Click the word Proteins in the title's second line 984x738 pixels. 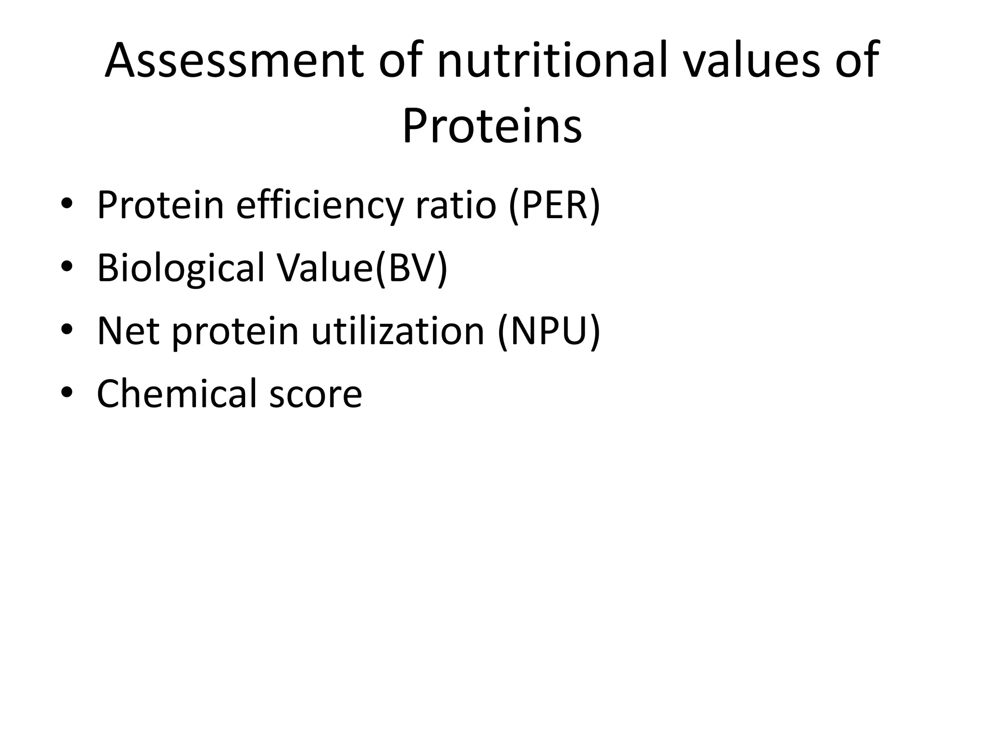coord(492,126)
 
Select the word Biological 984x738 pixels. coord(181,268)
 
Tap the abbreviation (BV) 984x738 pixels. coord(411,268)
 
